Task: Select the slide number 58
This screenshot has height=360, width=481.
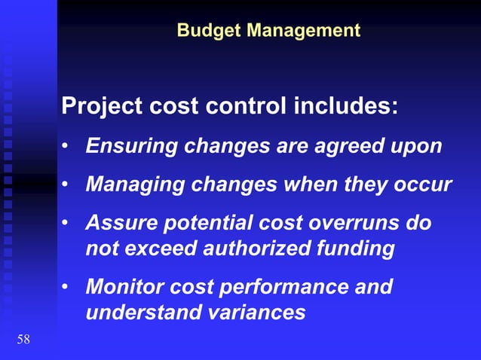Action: point(23,340)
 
